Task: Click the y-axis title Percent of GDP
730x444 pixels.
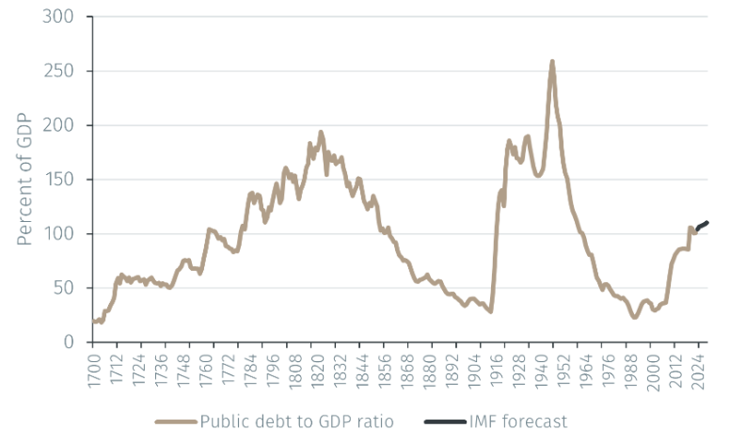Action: (x=23, y=180)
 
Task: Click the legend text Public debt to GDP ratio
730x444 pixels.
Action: (x=296, y=421)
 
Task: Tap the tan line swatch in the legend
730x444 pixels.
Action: (x=175, y=421)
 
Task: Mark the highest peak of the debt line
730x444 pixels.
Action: (x=552, y=62)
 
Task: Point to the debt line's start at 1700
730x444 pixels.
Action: (x=94, y=322)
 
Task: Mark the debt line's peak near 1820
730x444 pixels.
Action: (x=321, y=133)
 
